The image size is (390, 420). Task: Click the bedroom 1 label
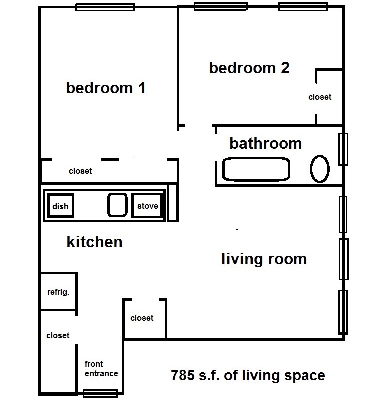pyautogui.click(x=106, y=88)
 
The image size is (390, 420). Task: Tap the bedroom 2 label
pyautogui.click(x=249, y=68)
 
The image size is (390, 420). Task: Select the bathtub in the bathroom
pyautogui.click(x=256, y=169)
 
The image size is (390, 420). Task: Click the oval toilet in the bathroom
pyautogui.click(x=320, y=169)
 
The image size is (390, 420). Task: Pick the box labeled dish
pyautogui.click(x=61, y=205)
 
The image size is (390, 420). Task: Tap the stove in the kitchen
pyautogui.click(x=147, y=205)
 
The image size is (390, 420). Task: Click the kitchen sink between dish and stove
pyautogui.click(x=117, y=205)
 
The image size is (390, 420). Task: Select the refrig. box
pyautogui.click(x=58, y=291)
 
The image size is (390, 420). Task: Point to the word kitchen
pyautogui.click(x=94, y=242)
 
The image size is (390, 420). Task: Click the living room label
pyautogui.click(x=264, y=259)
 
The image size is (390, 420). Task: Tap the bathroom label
pyautogui.click(x=266, y=143)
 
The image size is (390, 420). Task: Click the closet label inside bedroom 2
pyautogui.click(x=320, y=97)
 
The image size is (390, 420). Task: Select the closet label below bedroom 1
pyautogui.click(x=80, y=171)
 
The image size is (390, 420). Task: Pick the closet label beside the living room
pyautogui.click(x=142, y=318)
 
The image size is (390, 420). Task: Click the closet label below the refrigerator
pyautogui.click(x=58, y=335)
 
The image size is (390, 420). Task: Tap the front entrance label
pyautogui.click(x=101, y=368)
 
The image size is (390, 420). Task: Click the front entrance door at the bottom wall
pyautogui.click(x=100, y=393)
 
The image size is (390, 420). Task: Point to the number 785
pyautogui.click(x=183, y=375)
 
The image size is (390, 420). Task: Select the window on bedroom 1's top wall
pyautogui.click(x=105, y=7)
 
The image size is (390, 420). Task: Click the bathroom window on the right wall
pyautogui.click(x=343, y=149)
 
